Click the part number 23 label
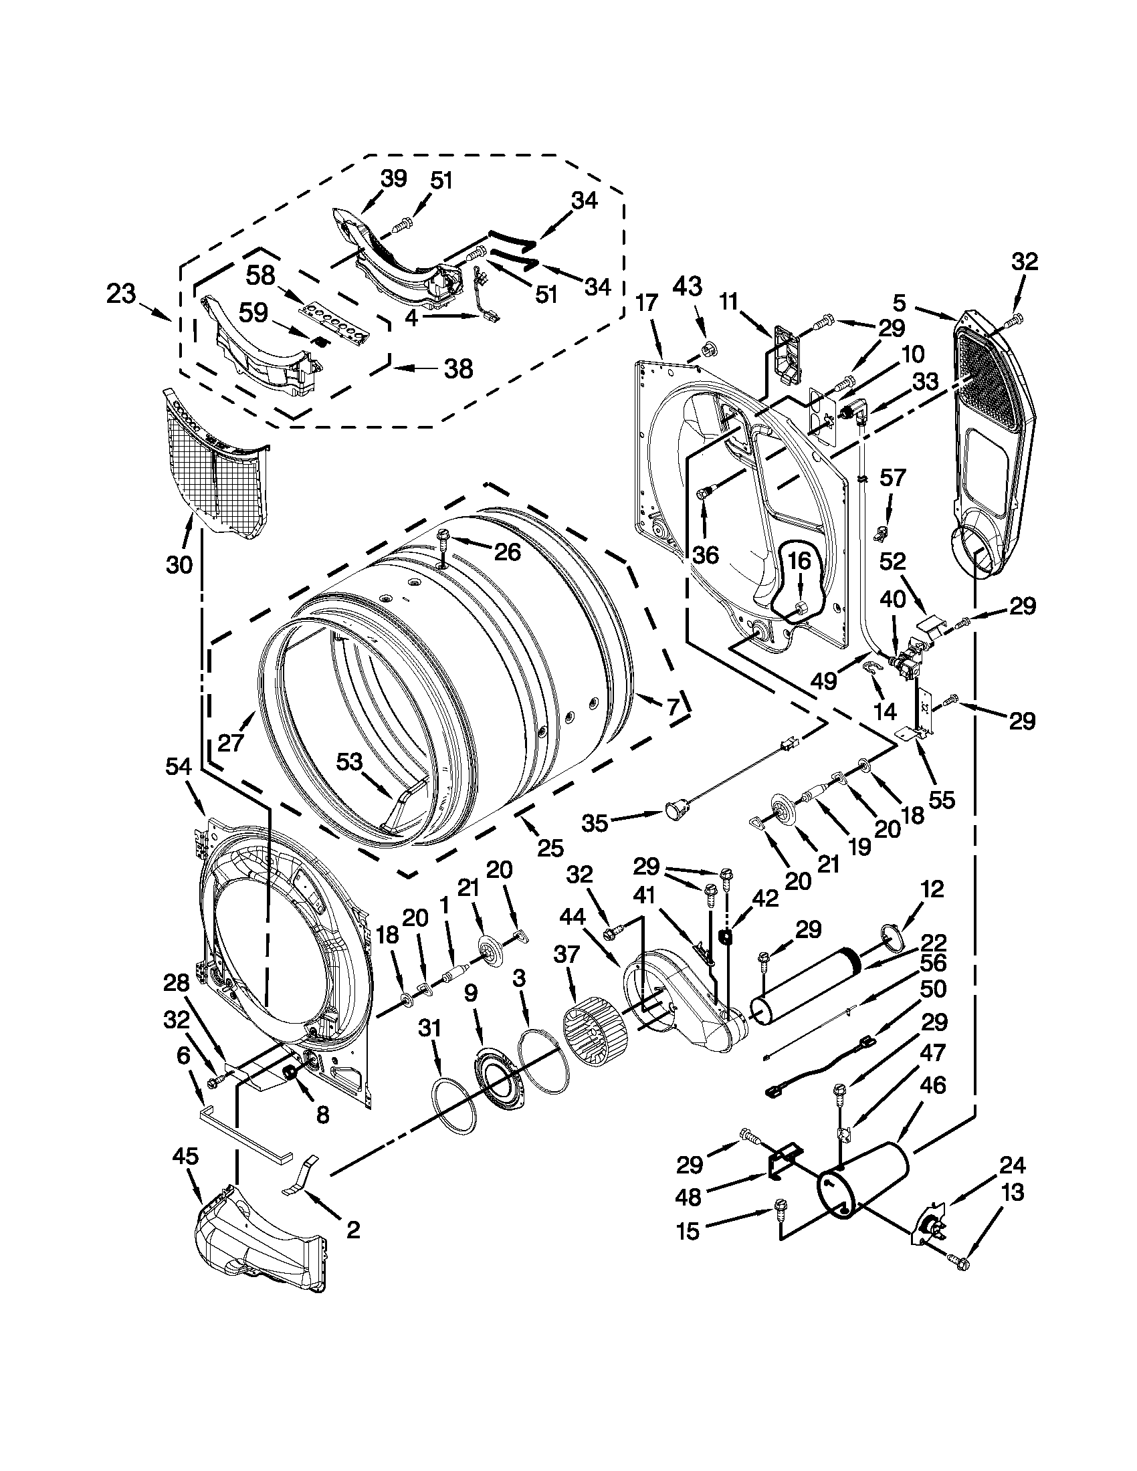(121, 294)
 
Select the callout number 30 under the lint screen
(180, 564)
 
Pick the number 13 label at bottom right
(1013, 1192)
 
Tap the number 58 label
(261, 275)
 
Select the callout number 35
(595, 823)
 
